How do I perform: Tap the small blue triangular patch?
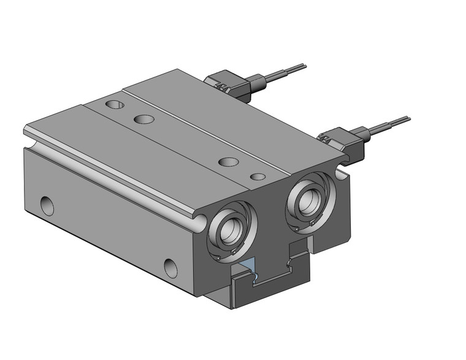246,266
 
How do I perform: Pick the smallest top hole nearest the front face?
258,177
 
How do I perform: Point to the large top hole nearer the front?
228,162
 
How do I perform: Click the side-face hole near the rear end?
47,205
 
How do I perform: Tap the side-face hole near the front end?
170,267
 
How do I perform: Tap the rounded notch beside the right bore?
341,177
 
